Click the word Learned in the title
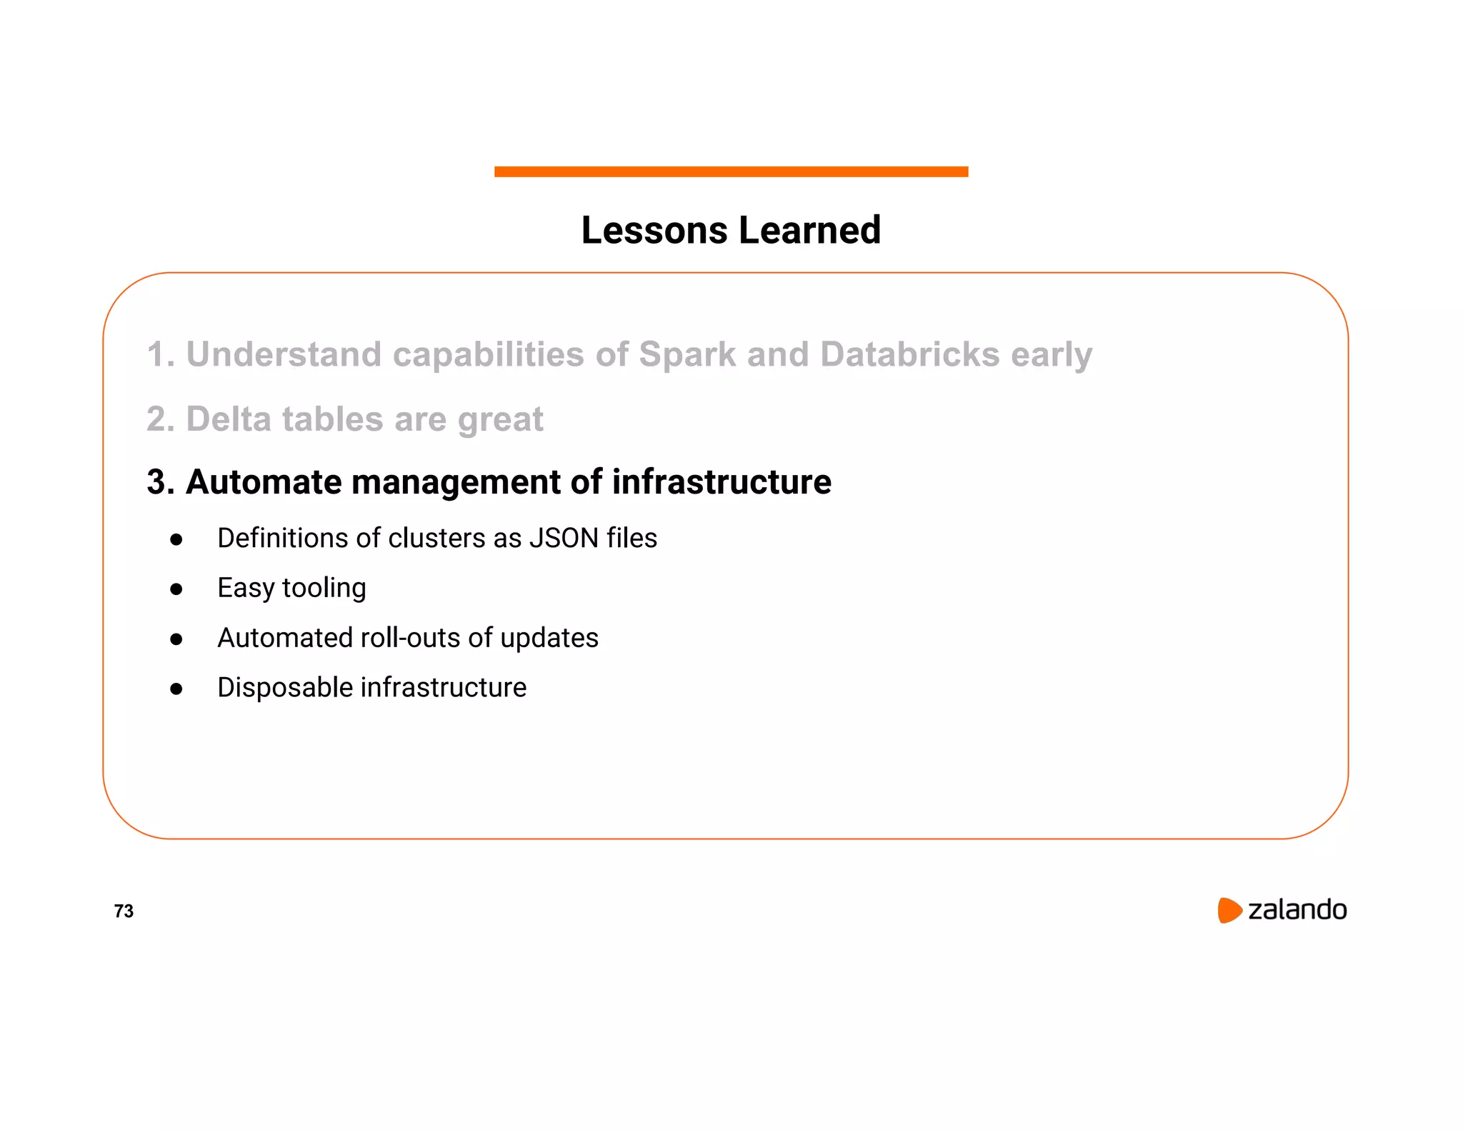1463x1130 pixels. point(809,231)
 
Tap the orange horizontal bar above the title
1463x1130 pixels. point(731,171)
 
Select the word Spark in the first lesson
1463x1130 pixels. point(686,355)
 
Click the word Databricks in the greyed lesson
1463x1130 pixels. point(909,355)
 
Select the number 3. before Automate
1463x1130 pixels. point(161,482)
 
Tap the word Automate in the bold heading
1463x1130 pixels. point(264,482)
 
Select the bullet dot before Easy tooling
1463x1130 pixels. point(176,589)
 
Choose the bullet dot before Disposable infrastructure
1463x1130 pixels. point(176,689)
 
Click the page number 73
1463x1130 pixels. point(124,911)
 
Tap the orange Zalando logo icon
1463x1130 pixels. point(1229,910)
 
